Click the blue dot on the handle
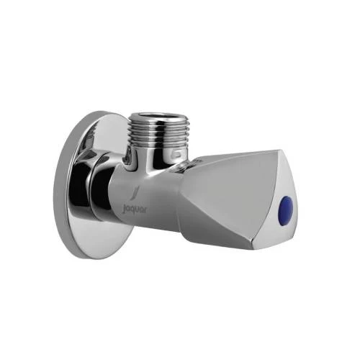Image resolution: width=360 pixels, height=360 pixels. pyautogui.click(x=286, y=204)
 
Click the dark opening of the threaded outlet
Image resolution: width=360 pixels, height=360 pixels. pyautogui.click(x=159, y=116)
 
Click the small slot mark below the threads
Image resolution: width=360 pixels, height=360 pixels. pyautogui.click(x=177, y=153)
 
